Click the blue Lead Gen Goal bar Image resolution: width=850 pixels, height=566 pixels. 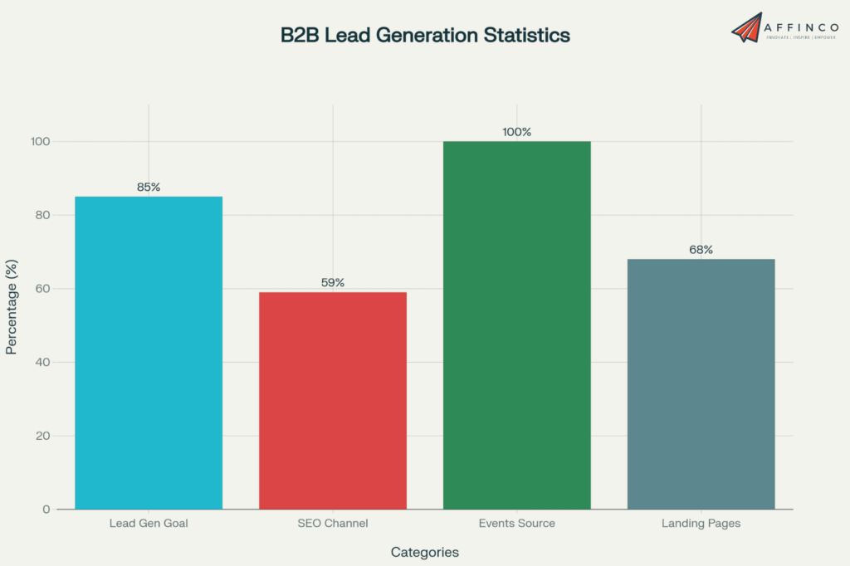149,353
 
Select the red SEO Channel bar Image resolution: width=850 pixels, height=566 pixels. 333,400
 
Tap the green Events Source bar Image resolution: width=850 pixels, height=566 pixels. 516,324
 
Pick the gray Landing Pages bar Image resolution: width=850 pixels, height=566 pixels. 701,383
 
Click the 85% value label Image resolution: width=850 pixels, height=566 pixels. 149,188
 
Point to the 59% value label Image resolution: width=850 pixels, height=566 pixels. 333,283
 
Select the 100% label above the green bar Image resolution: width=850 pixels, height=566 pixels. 516,132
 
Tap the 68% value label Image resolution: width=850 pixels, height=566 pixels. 701,250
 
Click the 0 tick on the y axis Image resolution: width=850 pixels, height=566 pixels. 46,509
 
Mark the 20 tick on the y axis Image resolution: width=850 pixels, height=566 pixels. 43,436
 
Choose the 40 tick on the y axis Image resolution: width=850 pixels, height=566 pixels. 43,362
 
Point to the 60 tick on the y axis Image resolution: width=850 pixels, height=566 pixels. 43,289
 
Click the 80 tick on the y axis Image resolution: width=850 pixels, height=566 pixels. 43,215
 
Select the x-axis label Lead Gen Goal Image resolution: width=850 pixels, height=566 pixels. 149,524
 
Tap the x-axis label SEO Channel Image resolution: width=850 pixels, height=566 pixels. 333,524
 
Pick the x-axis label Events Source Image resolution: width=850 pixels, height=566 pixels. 516,524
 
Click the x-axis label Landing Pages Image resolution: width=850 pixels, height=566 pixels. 701,524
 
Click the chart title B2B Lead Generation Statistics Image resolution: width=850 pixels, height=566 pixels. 425,36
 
